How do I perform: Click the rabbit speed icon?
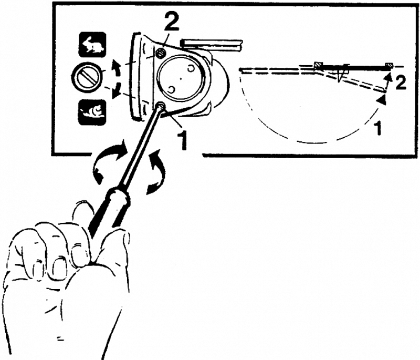[92, 45]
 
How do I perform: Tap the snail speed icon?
[92, 112]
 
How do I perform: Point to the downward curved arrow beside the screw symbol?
[116, 90]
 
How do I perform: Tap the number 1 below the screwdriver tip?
[183, 138]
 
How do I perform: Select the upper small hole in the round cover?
[191, 69]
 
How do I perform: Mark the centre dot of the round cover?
[181, 79]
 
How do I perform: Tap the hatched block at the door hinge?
[319, 65]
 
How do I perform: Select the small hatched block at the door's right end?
[389, 65]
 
